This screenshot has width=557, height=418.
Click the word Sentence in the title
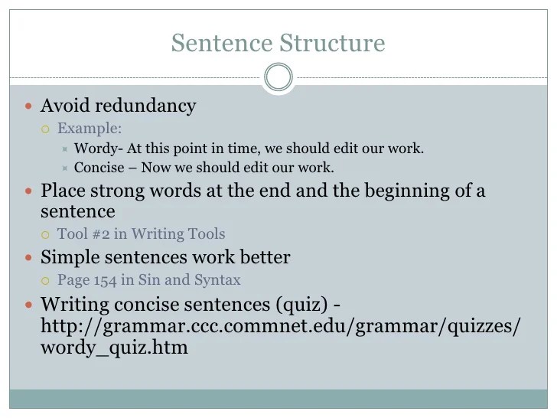click(216, 43)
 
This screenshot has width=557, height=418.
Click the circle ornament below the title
click(278, 77)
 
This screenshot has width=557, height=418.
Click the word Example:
click(90, 128)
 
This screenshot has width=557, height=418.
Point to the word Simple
click(71, 257)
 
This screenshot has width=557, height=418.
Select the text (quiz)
click(295, 304)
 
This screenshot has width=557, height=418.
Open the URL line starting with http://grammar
click(280, 325)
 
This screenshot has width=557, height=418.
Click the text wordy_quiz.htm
click(114, 347)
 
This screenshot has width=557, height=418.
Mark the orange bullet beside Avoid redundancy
click(30, 106)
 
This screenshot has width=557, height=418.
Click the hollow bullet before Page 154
click(45, 280)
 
